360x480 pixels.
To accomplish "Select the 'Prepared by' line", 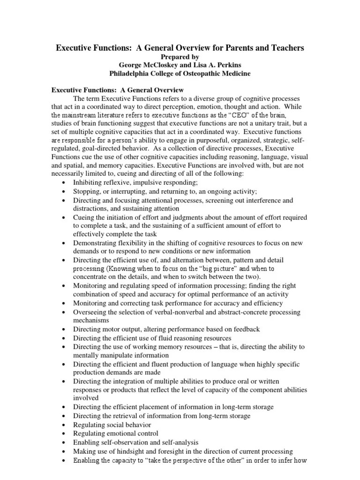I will tap(180, 57).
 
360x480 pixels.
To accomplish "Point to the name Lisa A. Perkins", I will tap(217, 65).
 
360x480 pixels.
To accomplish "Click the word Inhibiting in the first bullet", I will tap(90, 182).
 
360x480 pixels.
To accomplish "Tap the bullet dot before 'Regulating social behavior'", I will tap(63, 425).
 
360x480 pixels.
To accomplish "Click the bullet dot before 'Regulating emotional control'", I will tap(63, 434).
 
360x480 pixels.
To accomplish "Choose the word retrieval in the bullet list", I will tap(127, 416).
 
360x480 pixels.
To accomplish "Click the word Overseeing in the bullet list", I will tap(91, 312).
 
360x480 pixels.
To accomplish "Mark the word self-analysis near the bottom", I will tap(178, 442).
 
